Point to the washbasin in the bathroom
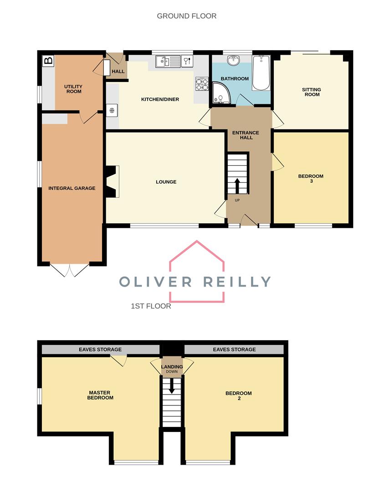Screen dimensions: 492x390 (234, 61)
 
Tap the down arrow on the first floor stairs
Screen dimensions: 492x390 (172, 386)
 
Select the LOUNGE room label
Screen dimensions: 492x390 (166, 182)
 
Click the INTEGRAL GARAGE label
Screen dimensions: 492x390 (72, 188)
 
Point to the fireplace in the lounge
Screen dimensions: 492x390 (112, 182)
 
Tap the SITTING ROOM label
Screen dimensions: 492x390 (311, 92)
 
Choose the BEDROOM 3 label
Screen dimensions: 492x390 (311, 179)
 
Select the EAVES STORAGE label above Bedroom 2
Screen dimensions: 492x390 (234, 349)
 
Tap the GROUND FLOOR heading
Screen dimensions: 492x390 (186, 16)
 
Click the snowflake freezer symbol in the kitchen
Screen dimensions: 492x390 (112, 110)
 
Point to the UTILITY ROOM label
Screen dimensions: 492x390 (73, 89)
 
